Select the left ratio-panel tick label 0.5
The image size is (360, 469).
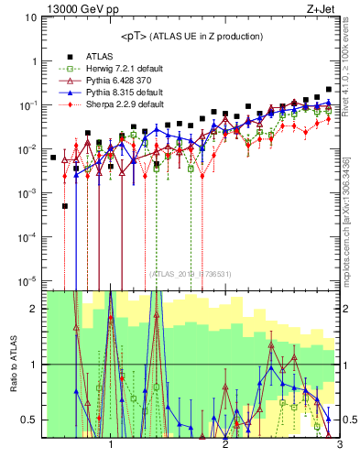point(30,420)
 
